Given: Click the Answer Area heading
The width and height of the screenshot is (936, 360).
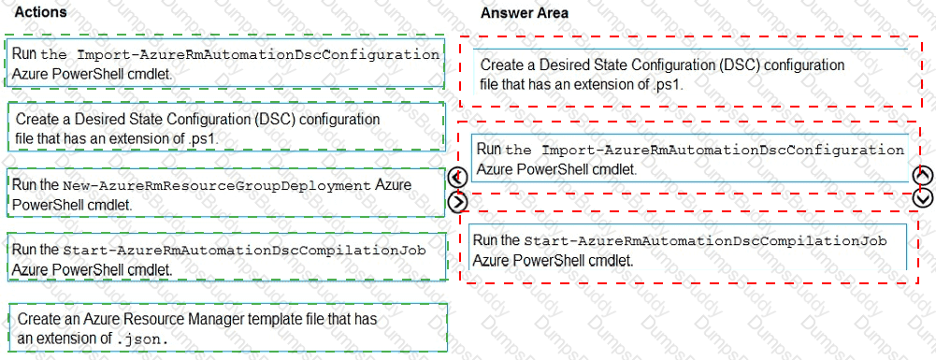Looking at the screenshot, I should [x=524, y=13].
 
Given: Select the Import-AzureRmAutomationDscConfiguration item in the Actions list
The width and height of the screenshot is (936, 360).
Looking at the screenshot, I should [x=224, y=63].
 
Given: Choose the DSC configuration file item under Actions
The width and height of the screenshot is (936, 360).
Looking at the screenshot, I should [x=224, y=128].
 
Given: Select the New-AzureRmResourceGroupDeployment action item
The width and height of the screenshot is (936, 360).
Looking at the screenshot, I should [x=224, y=194].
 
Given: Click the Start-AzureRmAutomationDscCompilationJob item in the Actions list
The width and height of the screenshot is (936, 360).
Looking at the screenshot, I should [x=224, y=258].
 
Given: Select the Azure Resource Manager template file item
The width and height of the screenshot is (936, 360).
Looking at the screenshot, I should [x=224, y=327].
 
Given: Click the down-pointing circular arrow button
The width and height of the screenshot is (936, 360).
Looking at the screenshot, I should [x=922, y=196].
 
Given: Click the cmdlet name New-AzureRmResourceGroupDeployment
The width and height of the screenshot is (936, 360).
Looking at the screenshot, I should [x=218, y=186].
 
